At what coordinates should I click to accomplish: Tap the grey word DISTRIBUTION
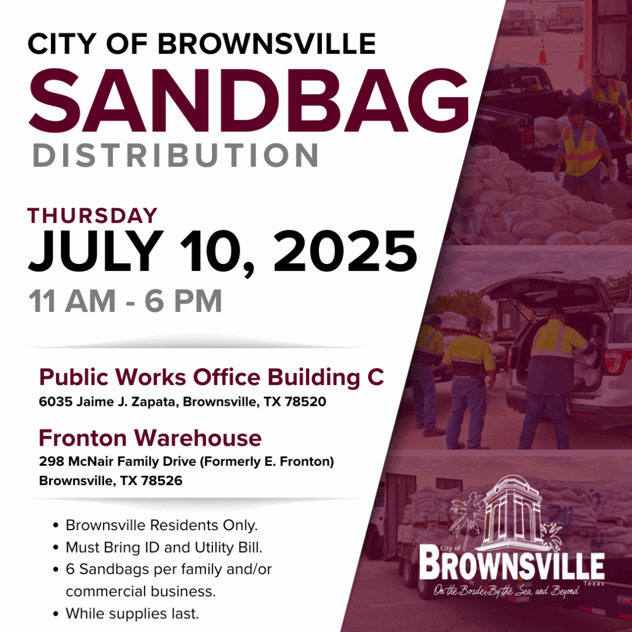coord(176,155)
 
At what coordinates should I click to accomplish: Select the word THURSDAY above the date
coord(92,215)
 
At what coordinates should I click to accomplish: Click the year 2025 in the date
coord(346,251)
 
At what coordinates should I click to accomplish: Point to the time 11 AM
coord(72,301)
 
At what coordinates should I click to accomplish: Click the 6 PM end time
coord(183,301)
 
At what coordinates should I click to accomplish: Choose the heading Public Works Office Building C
coord(212,378)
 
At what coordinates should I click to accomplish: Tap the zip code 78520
coord(305,401)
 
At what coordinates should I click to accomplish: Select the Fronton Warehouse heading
coord(150,438)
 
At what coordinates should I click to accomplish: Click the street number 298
coord(51,461)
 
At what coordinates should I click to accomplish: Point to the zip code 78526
coord(161,481)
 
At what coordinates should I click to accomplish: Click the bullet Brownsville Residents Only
coord(162,525)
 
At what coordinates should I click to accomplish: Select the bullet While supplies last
coord(132,614)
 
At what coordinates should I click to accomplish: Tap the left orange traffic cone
coord(543,52)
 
